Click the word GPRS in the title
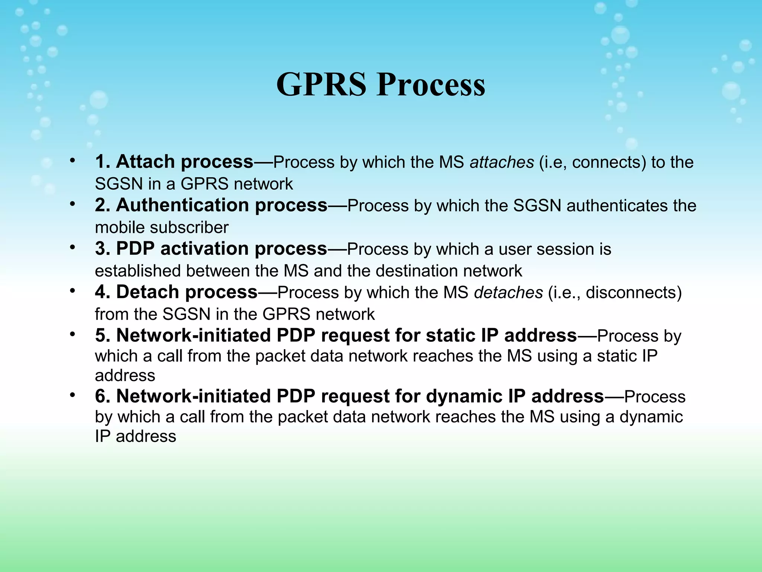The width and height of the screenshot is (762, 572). click(x=321, y=85)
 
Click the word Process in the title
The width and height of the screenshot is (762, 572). click(x=431, y=85)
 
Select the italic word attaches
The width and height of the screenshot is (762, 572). click(x=502, y=162)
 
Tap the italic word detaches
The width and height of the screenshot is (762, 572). click(x=508, y=293)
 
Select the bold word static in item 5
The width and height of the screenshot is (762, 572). click(x=449, y=335)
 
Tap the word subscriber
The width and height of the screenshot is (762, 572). click(x=190, y=228)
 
